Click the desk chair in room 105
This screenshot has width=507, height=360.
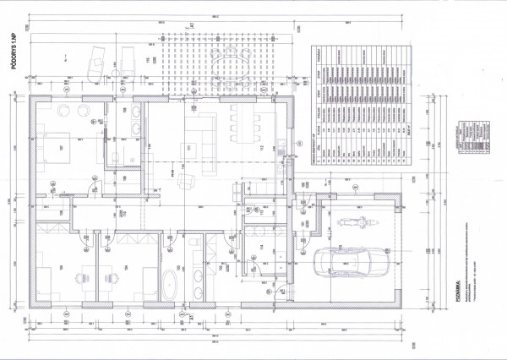pyautogui.click(x=84, y=276)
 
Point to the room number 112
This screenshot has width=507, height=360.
pyautogui.click(x=261, y=150)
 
